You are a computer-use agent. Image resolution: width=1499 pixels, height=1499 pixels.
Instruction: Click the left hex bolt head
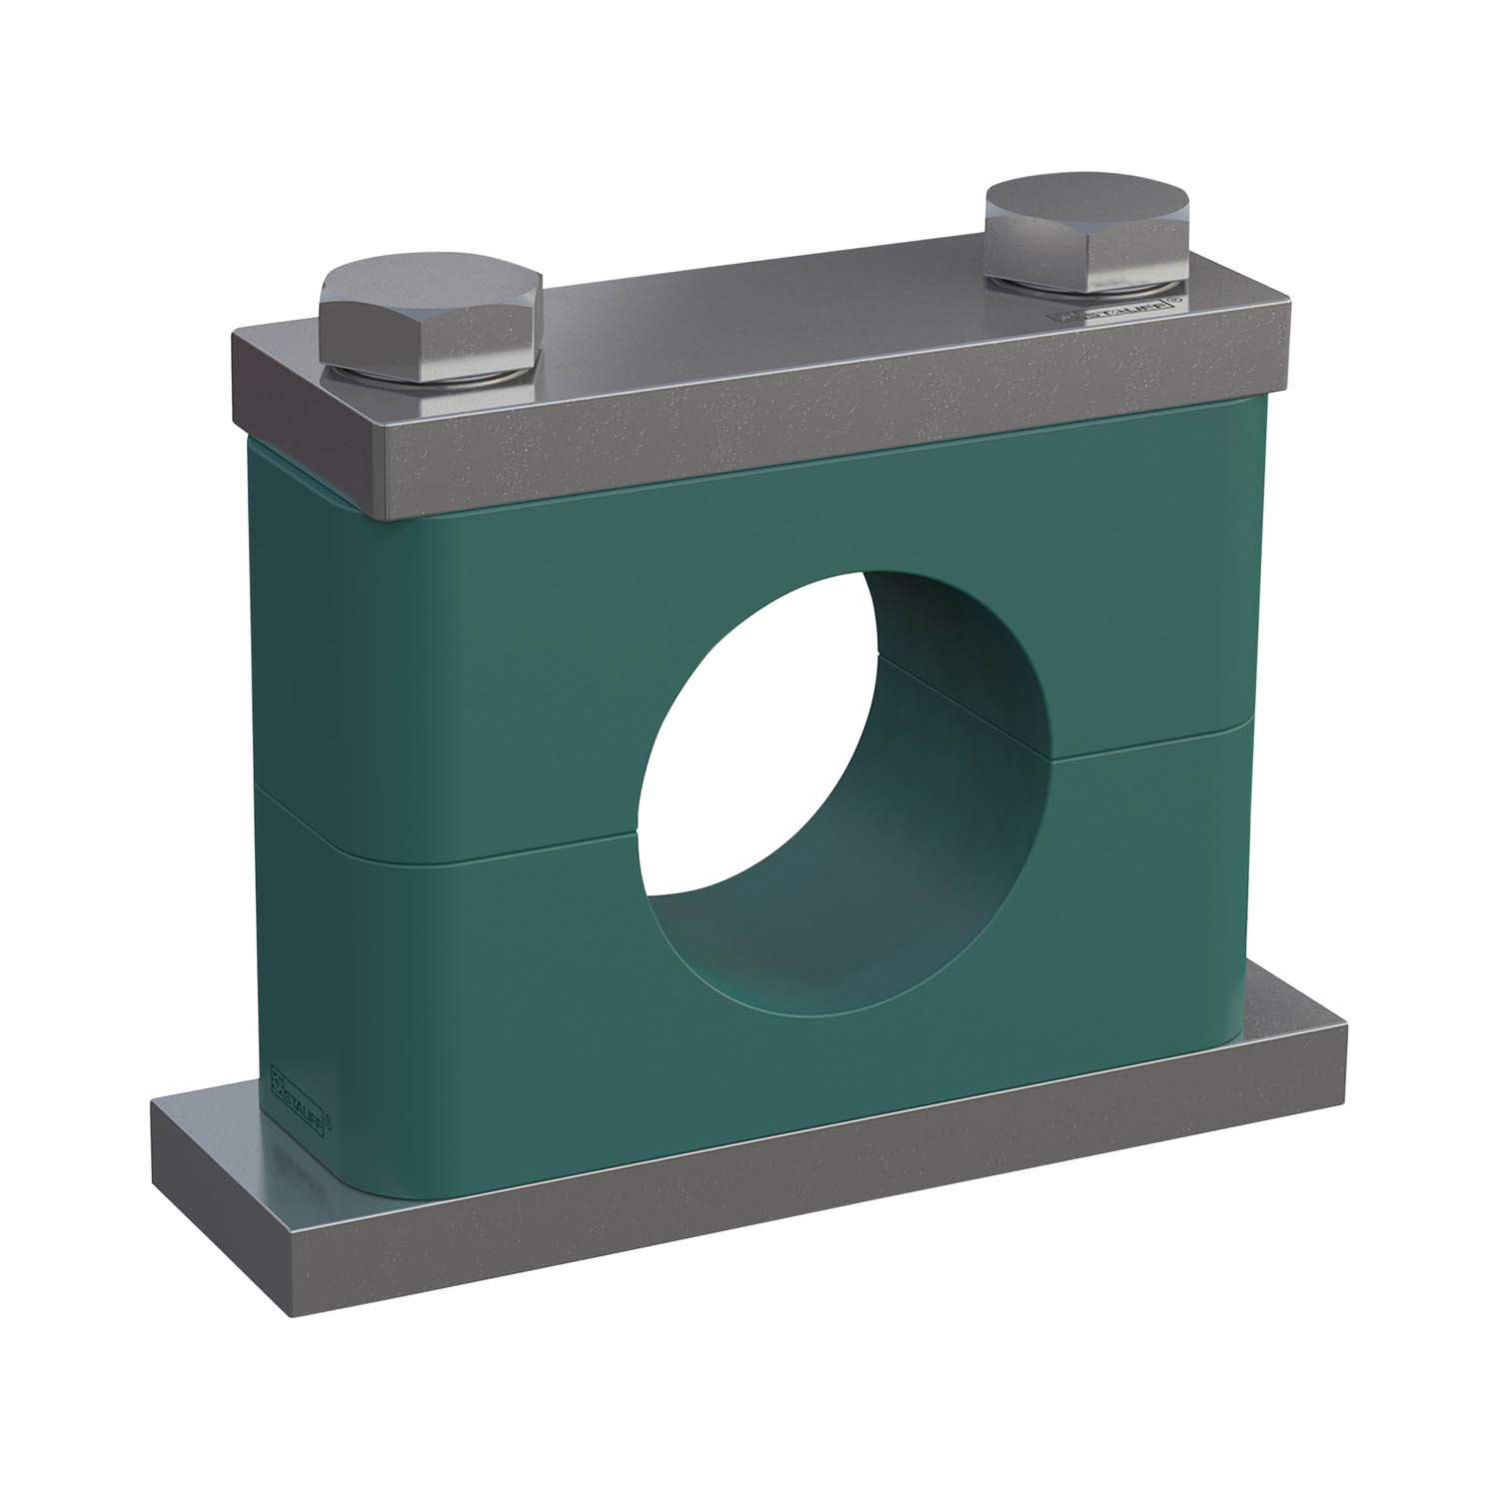point(432,325)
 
